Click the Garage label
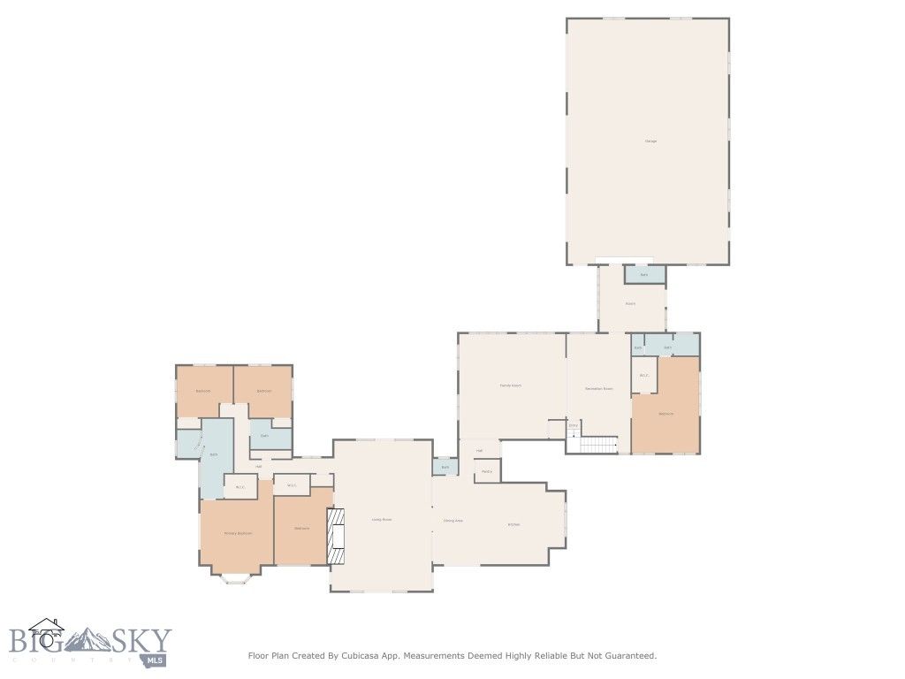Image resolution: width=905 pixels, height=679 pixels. click(x=650, y=141)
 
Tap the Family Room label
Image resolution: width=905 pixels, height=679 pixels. click(x=510, y=385)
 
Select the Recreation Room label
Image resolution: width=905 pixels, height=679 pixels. click(x=598, y=389)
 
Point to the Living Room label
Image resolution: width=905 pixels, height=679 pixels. click(x=381, y=520)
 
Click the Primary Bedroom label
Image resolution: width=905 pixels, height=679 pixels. click(x=238, y=533)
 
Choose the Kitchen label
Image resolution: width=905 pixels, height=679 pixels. click(x=513, y=524)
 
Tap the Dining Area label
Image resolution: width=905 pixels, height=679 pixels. click(x=452, y=521)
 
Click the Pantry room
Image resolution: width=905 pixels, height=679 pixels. click(x=487, y=471)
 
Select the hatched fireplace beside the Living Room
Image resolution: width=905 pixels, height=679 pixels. click(x=336, y=536)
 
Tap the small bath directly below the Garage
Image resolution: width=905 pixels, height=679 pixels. click(x=644, y=275)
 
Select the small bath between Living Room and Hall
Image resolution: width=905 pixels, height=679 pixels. click(x=445, y=467)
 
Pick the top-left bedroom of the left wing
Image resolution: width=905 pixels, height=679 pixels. click(x=203, y=391)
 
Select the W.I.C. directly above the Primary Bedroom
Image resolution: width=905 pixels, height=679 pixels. click(x=240, y=486)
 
